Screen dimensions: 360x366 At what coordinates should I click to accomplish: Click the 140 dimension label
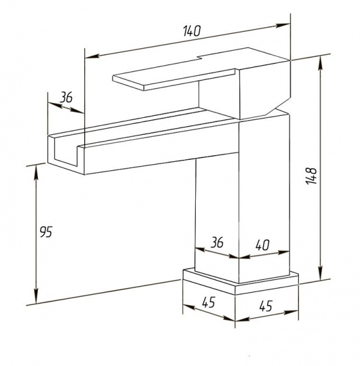click(x=192, y=31)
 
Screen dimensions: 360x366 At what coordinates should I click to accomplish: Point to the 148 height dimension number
click(x=311, y=176)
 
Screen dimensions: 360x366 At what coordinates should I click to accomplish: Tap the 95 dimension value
click(x=46, y=232)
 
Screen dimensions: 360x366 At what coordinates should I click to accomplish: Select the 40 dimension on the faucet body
click(x=262, y=245)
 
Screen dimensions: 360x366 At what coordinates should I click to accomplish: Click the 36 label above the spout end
click(x=67, y=98)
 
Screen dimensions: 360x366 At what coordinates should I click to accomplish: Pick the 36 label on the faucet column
click(x=217, y=242)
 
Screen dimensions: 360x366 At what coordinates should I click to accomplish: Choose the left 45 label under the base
click(x=209, y=303)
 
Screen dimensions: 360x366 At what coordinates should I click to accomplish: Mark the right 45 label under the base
click(x=266, y=306)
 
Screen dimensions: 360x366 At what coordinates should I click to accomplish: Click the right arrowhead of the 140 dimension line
click(x=283, y=25)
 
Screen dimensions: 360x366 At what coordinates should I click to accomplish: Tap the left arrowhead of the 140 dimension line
click(x=92, y=56)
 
